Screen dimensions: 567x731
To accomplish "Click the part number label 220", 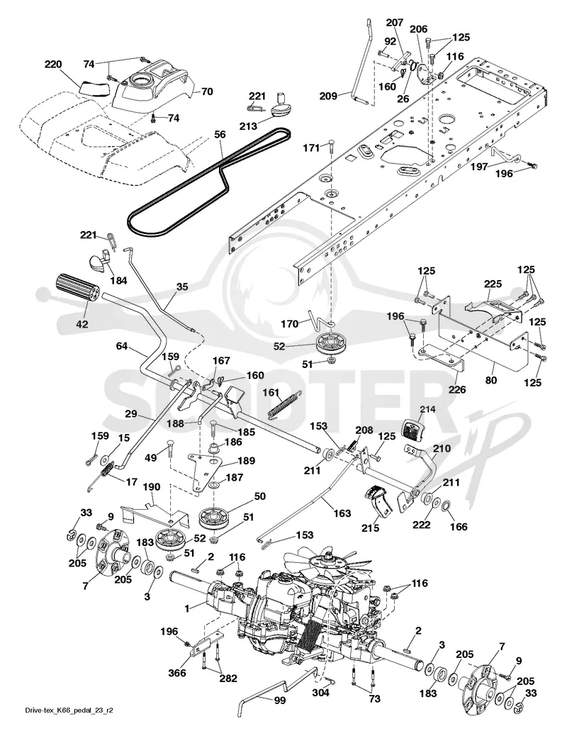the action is (54, 65).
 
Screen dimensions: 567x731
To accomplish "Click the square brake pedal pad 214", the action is (412, 429).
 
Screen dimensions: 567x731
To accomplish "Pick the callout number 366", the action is (177, 672).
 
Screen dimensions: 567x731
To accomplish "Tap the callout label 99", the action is (281, 701).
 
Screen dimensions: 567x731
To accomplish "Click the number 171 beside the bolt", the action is (311, 147).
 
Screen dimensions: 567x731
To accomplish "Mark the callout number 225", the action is (493, 284).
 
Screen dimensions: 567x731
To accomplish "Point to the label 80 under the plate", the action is (491, 380).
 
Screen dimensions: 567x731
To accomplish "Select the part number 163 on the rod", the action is (342, 513).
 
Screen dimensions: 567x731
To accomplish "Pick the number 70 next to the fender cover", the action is (207, 91).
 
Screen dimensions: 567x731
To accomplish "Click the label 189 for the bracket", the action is (246, 461).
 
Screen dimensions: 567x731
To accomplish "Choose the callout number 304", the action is (320, 693).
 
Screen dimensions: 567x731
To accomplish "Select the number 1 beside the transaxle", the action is (187, 608).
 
